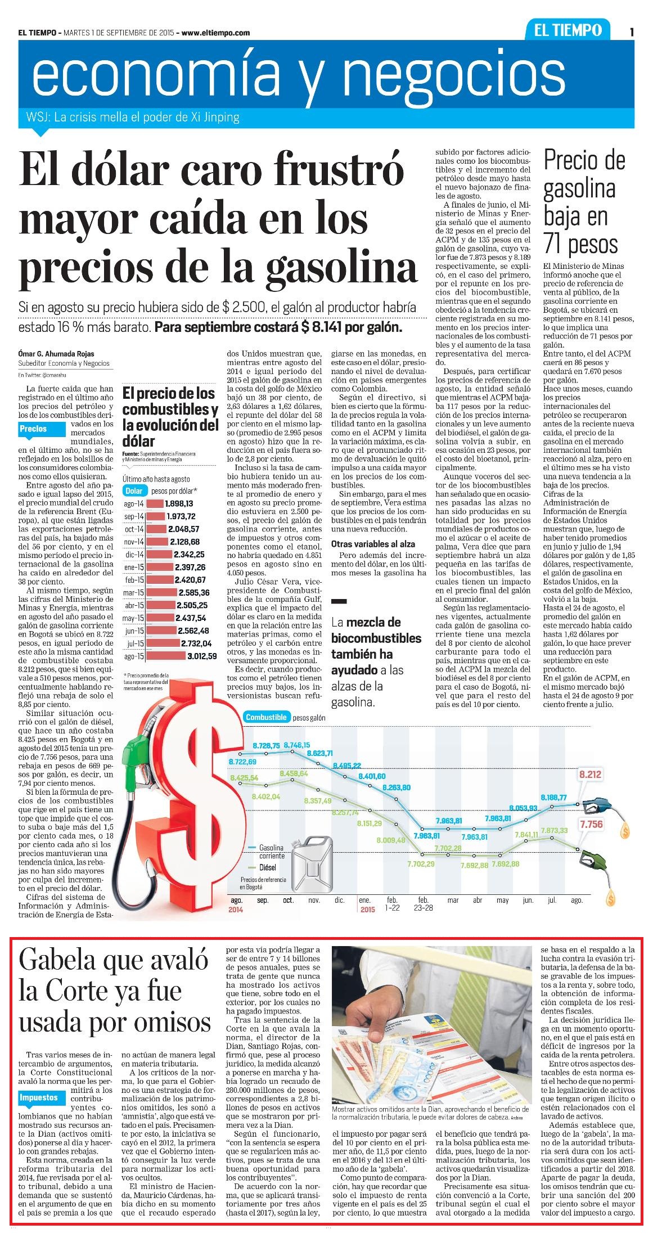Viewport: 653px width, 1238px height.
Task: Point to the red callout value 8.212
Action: click(591, 775)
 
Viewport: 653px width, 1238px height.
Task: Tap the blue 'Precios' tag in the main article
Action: click(34, 429)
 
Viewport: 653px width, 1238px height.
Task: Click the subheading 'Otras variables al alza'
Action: click(373, 544)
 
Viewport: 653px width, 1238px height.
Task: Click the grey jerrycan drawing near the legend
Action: click(310, 859)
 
